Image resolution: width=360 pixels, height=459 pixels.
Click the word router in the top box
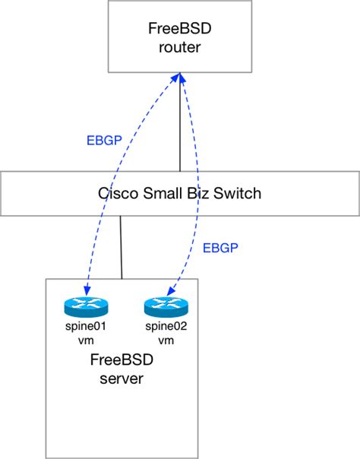coord(180,48)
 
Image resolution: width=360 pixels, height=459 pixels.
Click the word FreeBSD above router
coord(180,31)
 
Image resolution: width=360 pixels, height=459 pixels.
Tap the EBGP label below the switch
coord(220,247)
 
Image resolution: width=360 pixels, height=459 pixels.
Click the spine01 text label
coord(87,328)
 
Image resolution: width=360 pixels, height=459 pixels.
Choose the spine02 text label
coord(166,328)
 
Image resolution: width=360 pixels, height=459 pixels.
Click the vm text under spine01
coord(87,340)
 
